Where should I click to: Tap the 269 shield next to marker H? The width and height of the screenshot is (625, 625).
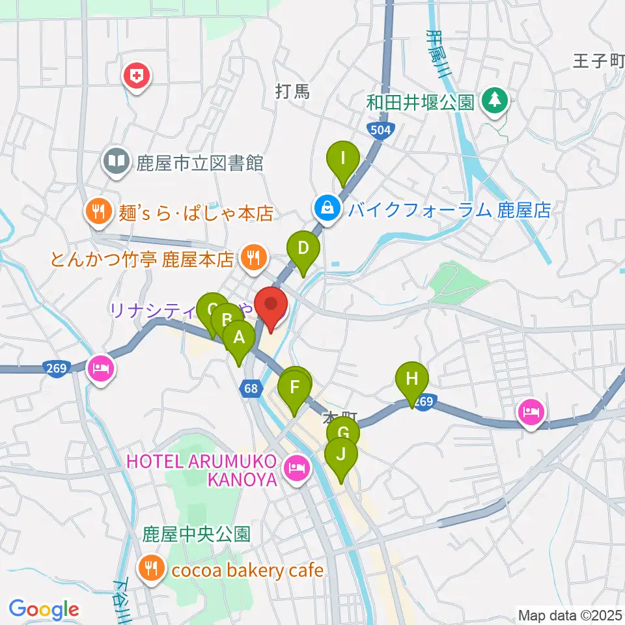point(423,403)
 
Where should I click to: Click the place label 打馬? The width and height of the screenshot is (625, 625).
point(293,92)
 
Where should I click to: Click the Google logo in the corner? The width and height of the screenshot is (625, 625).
point(44,609)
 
